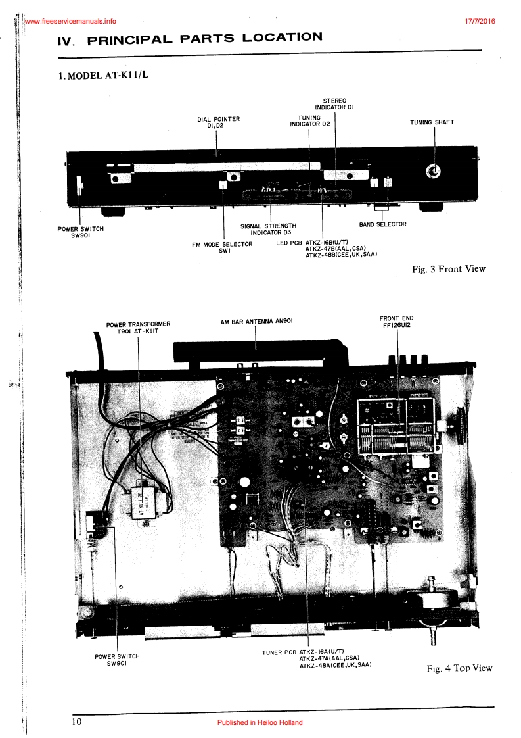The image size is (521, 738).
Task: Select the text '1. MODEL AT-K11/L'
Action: point(104,75)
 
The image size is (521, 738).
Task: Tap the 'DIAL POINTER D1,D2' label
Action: point(218,122)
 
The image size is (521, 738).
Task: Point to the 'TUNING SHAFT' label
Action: point(432,122)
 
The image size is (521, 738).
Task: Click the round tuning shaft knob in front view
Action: point(433,172)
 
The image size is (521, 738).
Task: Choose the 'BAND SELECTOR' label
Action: point(382,224)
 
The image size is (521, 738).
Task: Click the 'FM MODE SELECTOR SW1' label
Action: point(222,247)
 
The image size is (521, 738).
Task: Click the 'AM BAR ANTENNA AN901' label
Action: point(256,322)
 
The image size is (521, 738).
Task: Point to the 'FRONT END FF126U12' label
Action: point(396,322)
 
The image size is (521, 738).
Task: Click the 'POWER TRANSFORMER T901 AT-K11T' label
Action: point(138,327)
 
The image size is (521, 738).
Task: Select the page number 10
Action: point(78,722)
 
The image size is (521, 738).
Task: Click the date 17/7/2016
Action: point(480,20)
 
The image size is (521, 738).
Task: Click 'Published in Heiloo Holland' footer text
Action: point(260,722)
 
